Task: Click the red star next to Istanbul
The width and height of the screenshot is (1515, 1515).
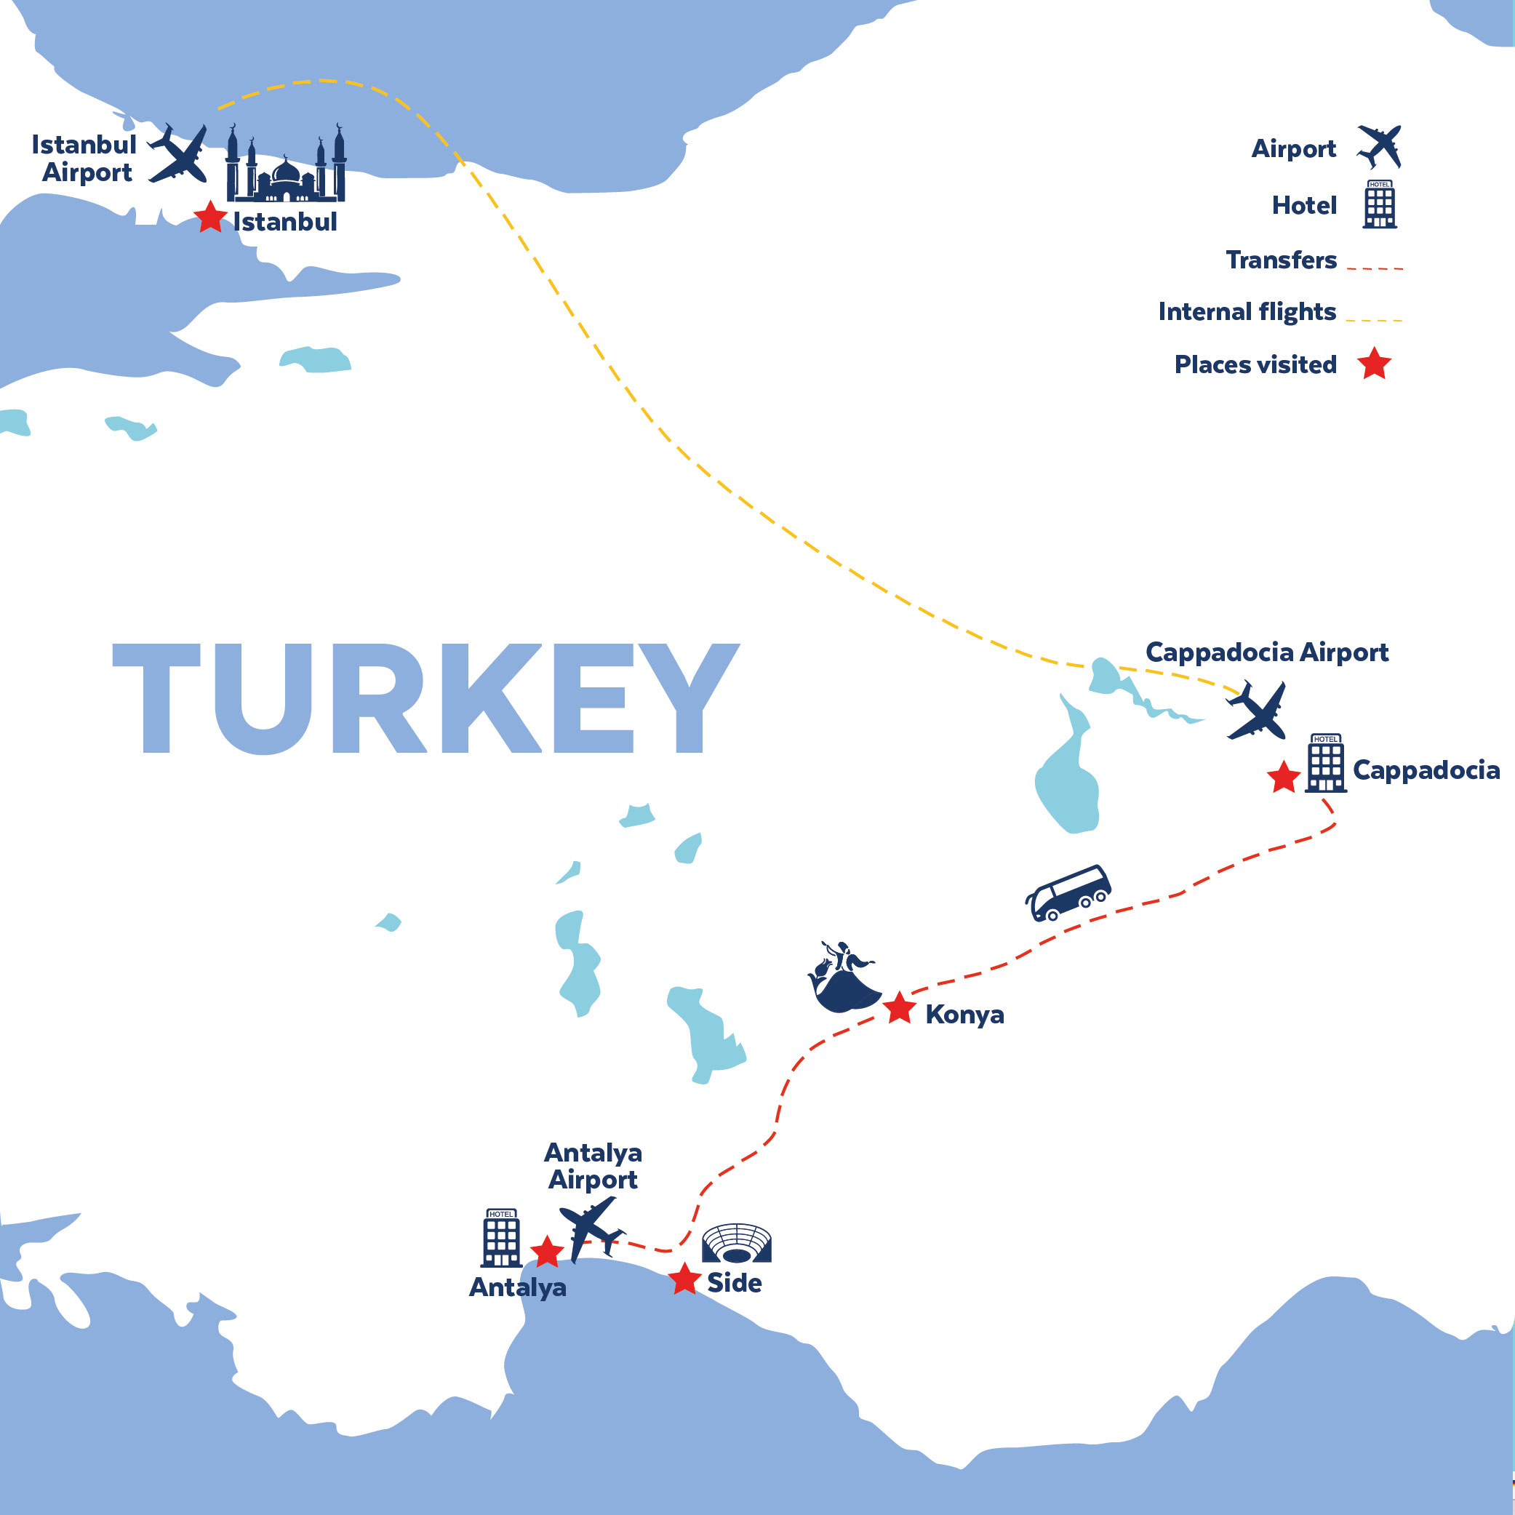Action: coord(210,217)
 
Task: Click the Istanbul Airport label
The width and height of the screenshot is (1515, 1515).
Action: coord(84,159)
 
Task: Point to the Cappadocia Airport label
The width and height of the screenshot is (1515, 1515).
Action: coord(1266,652)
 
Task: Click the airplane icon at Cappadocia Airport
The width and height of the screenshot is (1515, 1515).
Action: coord(1257,711)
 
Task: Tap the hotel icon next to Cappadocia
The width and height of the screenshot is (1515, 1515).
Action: coord(1325,763)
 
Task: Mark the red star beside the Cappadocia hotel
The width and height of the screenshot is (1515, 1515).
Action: coord(1284,778)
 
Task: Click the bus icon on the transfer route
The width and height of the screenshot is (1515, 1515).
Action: coord(1068,892)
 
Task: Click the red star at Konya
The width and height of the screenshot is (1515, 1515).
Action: coord(900,1009)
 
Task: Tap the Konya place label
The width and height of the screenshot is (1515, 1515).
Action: coord(964,1015)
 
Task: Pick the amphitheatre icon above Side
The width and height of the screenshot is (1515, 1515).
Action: coord(736,1243)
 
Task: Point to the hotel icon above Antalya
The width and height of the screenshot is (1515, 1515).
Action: coord(501,1238)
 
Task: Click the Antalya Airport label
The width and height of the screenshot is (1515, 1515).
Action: coord(593,1166)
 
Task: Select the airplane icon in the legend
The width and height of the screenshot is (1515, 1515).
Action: coord(1379,147)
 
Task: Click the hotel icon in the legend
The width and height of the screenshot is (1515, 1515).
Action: coord(1379,204)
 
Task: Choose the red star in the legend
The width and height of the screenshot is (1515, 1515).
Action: coord(1375,364)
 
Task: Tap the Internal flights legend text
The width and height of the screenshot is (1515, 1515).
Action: coord(1247,312)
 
